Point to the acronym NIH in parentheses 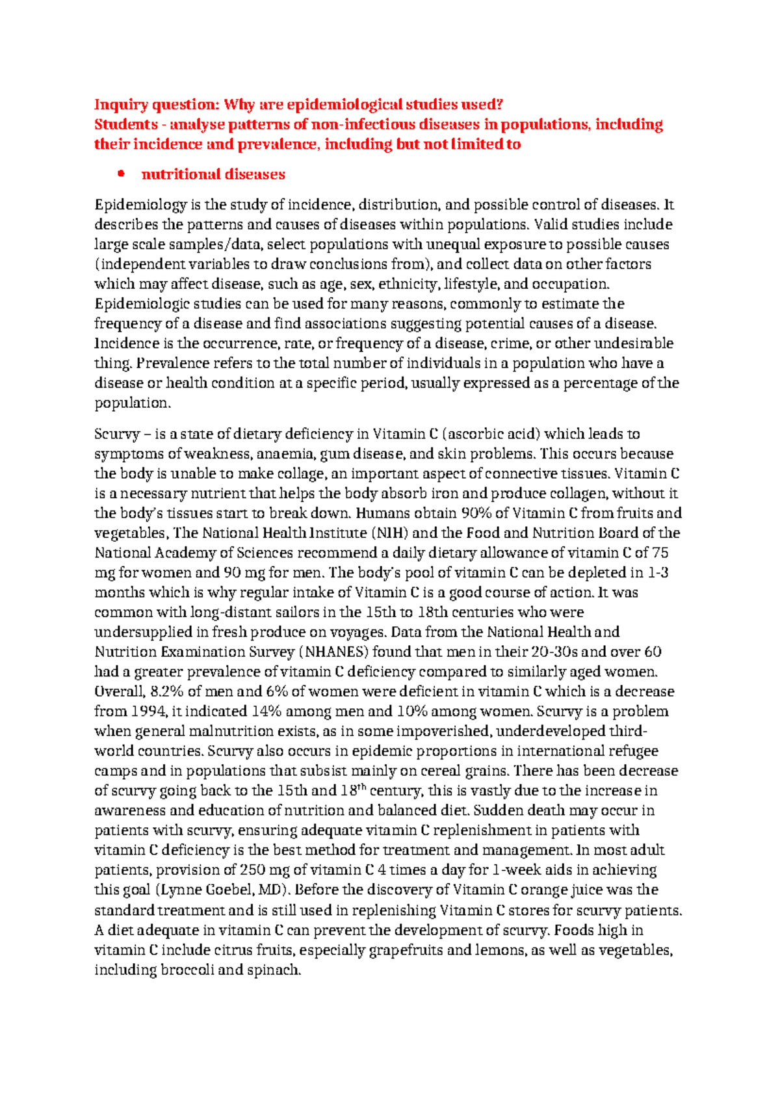(389, 533)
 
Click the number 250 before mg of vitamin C (252, 870)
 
